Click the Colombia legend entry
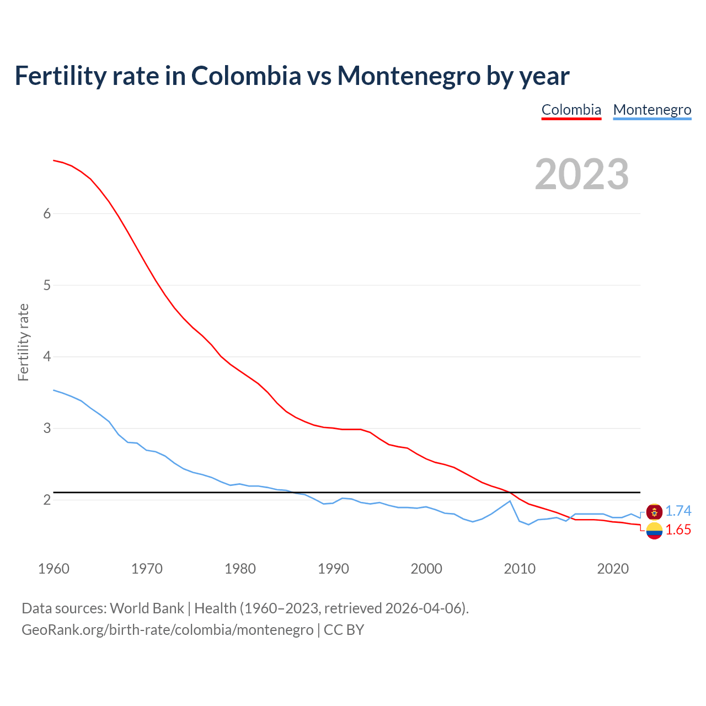[571, 110]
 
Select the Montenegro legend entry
[652, 110]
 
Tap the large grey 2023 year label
[582, 174]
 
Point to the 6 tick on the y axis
[47, 214]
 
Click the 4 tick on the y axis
[47, 357]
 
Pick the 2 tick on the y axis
[47, 500]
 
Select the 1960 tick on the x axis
[54, 569]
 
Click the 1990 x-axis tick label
[333, 569]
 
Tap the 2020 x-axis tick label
[613, 569]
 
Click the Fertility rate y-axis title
[23, 342]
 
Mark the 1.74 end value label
[678, 511]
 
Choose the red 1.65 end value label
[678, 530]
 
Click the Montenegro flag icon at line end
[654, 512]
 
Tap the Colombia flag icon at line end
[654, 531]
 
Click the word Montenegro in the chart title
[409, 76]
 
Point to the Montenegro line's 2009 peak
[510, 501]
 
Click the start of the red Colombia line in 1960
[54, 161]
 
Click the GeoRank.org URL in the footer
[167, 630]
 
